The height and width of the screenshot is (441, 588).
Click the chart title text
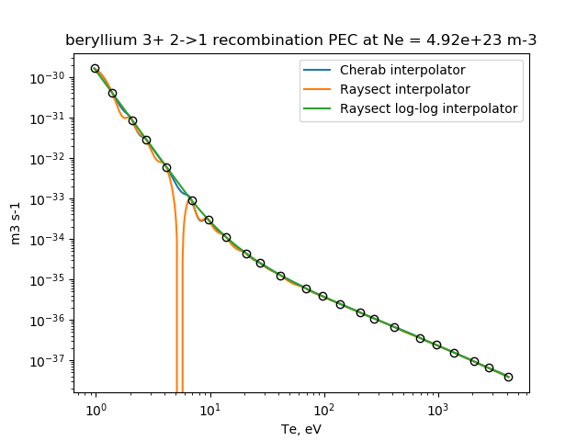point(301,40)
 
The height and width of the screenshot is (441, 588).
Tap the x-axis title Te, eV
point(301,428)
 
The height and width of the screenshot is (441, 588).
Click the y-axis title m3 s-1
point(16,222)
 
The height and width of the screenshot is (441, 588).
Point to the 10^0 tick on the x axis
point(95,408)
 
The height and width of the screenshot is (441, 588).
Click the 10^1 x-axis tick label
point(209,408)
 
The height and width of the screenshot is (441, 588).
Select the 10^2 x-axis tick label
point(323,408)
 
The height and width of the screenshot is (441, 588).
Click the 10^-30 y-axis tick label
point(46,78)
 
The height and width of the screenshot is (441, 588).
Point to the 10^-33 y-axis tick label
point(46,199)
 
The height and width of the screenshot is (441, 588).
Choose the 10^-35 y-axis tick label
point(46,280)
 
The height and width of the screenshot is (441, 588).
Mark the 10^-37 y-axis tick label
point(46,361)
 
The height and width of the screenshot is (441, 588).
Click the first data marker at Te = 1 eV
point(95,68)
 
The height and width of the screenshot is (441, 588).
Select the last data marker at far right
point(508,377)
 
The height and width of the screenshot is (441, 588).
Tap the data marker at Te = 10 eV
point(209,220)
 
